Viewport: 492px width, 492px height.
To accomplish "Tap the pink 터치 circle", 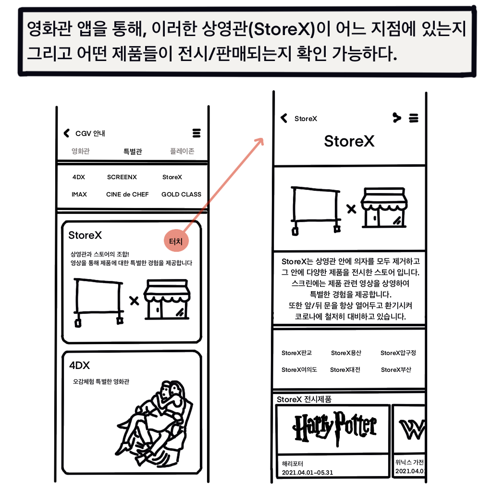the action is tap(176, 241).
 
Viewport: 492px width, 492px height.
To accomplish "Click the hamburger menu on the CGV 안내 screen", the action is tap(197, 133).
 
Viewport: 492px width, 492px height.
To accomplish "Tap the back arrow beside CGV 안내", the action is tap(66, 133).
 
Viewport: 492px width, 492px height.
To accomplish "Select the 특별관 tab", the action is tap(133, 151).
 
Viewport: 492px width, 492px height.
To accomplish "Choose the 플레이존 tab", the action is tap(182, 151).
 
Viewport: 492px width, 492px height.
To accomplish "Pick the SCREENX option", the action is tap(122, 177).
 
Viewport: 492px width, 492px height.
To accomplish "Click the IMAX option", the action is tap(79, 194).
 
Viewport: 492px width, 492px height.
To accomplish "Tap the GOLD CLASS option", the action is tap(181, 194).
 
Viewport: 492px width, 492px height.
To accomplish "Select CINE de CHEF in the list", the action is tap(127, 194).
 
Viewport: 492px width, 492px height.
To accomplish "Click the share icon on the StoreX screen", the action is tap(396, 118).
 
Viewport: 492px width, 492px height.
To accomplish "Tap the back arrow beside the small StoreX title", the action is tap(284, 118).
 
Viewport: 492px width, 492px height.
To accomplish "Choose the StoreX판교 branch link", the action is tap(296, 353).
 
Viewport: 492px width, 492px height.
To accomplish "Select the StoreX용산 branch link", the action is tap(346, 353).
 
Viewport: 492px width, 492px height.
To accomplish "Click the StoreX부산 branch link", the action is tap(396, 369).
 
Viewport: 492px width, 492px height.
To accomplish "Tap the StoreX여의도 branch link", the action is tap(299, 369).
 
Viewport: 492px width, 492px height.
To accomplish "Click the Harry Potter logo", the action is tap(334, 427).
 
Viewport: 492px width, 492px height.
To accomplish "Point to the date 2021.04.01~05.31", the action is tap(307, 472).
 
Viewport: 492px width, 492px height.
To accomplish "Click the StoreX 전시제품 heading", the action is tap(304, 399).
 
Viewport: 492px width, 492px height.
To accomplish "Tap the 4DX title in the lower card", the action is tap(79, 365).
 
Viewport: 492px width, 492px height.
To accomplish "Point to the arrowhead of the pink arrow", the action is tap(263, 139).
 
